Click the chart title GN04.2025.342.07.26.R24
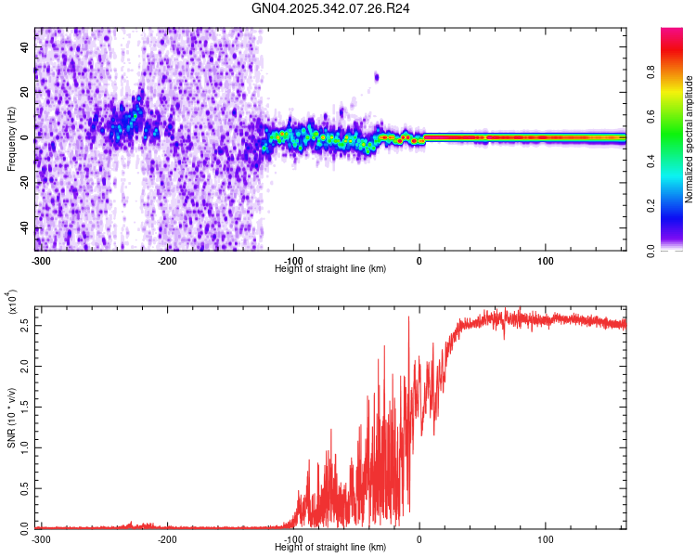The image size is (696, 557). pyautogui.click(x=331, y=8)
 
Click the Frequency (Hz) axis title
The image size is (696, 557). pyautogui.click(x=11, y=139)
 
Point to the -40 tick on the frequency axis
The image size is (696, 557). pyautogui.click(x=25, y=228)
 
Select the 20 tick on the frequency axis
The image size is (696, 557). pyautogui.click(x=25, y=93)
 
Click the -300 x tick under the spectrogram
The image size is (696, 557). pyautogui.click(x=41, y=260)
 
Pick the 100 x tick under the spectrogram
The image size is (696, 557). pyautogui.click(x=546, y=260)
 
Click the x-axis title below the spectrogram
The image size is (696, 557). pyautogui.click(x=330, y=268)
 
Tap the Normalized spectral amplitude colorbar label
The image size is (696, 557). pyautogui.click(x=690, y=139)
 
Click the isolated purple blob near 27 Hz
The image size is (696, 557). pyautogui.click(x=377, y=77)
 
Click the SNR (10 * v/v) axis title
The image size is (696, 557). pyautogui.click(x=11, y=418)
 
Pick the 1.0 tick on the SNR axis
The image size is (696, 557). pyautogui.click(x=25, y=447)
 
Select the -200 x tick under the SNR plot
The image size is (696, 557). pyautogui.click(x=167, y=538)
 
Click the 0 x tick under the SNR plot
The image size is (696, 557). pyautogui.click(x=419, y=538)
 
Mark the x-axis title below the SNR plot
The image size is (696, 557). pyautogui.click(x=330, y=547)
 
